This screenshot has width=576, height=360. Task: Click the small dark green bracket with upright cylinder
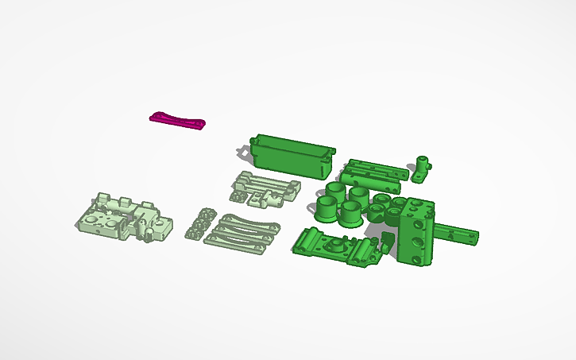[420, 170]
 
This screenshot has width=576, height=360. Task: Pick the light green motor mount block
[123, 218]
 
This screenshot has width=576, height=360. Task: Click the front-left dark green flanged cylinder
[327, 208]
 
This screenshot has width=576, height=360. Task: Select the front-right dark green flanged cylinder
[350, 211]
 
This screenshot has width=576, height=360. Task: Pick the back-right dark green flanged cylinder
[359, 196]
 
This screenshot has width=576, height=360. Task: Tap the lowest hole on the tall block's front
[415, 256]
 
